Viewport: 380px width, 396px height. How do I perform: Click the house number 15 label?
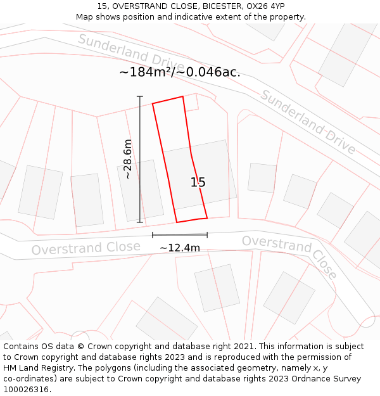[198, 182]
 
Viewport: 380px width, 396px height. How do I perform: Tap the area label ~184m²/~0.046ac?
[180, 72]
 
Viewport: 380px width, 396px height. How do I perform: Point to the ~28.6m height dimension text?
[128, 159]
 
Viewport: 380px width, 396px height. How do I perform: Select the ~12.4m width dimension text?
[180, 248]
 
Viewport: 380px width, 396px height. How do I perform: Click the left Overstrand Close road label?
[86, 248]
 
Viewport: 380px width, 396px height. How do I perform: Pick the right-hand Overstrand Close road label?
[289, 256]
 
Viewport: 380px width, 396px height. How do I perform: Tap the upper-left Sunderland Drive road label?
[131, 53]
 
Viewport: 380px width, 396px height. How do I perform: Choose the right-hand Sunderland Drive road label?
[308, 122]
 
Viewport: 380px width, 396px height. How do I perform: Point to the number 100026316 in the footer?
[27, 389]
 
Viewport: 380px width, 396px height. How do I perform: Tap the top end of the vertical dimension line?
[140, 96]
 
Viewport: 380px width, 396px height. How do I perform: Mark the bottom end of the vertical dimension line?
[140, 222]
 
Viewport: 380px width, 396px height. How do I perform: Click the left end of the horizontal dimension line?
[153, 235]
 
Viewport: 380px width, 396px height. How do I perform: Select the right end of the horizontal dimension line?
[207, 235]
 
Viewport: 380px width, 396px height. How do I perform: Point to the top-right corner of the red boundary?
[183, 97]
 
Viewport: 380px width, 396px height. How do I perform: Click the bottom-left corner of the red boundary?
[177, 222]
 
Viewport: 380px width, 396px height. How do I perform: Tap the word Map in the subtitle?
[85, 17]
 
